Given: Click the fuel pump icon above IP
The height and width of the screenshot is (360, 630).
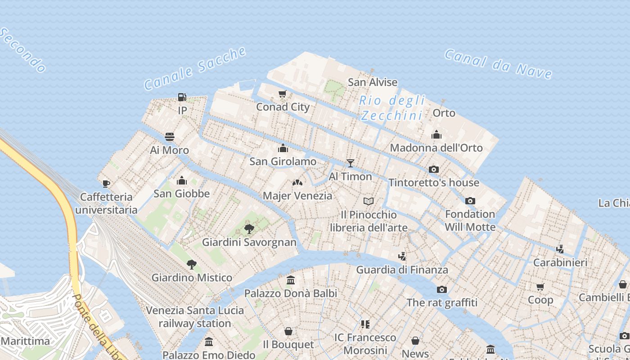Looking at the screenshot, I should pyautogui.click(x=182, y=97).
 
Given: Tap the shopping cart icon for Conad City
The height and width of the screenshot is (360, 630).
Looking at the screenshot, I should pyautogui.click(x=283, y=94).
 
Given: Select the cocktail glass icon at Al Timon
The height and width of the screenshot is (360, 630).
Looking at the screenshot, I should pyautogui.click(x=350, y=163).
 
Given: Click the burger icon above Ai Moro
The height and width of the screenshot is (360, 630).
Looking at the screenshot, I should pyautogui.click(x=170, y=137).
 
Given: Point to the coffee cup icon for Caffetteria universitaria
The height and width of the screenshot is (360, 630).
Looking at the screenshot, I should pyautogui.click(x=106, y=183).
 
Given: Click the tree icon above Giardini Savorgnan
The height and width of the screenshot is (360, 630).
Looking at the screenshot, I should pyautogui.click(x=249, y=229).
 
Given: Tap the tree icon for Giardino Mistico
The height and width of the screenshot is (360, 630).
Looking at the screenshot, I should pyautogui.click(x=192, y=264).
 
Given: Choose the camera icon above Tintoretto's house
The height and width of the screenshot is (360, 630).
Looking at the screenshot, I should pyautogui.click(x=434, y=169).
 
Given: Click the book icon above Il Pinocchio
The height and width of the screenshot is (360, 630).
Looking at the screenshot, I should pyautogui.click(x=369, y=201).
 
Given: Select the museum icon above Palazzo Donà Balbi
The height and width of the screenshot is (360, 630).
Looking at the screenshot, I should pyautogui.click(x=291, y=280).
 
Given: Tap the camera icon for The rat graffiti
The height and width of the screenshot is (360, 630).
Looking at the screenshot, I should pyautogui.click(x=442, y=289).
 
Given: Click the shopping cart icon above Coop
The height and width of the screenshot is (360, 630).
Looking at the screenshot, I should pyautogui.click(x=540, y=287).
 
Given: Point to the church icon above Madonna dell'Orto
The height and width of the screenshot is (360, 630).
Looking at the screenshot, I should pyautogui.click(x=436, y=135).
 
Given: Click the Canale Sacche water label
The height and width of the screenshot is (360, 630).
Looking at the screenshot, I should pyautogui.click(x=195, y=68).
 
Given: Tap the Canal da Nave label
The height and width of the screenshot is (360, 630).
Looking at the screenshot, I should pyautogui.click(x=498, y=64).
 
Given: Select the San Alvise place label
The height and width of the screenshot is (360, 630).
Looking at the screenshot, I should pyautogui.click(x=373, y=82).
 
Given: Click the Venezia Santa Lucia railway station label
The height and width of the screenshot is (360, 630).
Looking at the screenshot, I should pyautogui.click(x=195, y=317).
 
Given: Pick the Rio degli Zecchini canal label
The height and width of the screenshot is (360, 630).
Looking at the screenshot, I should pyautogui.click(x=392, y=108).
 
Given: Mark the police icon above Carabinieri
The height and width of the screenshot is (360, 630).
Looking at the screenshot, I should pyautogui.click(x=560, y=249).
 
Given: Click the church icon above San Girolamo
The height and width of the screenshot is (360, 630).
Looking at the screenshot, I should pyautogui.click(x=283, y=148).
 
